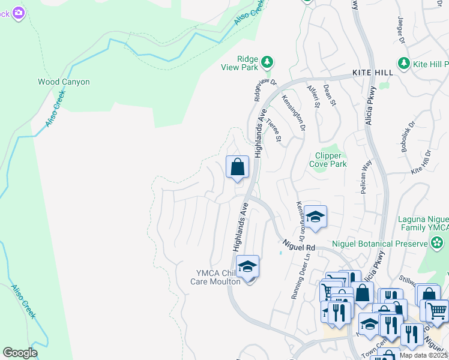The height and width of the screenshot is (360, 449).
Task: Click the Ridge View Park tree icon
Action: pos(267,62)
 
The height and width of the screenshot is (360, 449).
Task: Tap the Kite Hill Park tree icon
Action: pos(404,63)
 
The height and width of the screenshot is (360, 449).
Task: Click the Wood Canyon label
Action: pos(64,82)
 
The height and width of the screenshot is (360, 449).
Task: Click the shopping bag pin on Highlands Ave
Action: pos(238,167)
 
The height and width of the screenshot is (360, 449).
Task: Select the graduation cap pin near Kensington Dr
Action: pos(315,217)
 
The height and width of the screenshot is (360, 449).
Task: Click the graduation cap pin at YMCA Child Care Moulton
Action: pos(247,266)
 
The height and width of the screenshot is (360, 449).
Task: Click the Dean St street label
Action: pos(328,94)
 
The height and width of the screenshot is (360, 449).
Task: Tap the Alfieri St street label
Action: pos(313,94)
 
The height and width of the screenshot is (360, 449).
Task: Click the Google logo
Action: pos(20,353)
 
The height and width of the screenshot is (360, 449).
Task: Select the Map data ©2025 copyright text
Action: pos(423,355)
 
